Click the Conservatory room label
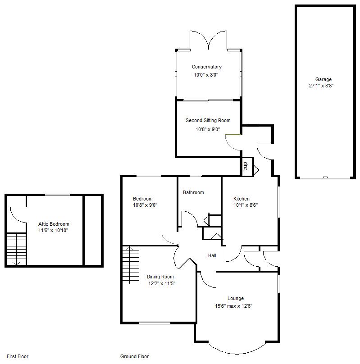[x=206, y=67]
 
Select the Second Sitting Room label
[x=208, y=120]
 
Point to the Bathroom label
[x=193, y=192]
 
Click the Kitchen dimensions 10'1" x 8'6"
[x=245, y=205]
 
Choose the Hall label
[x=212, y=255]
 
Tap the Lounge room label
[x=235, y=298]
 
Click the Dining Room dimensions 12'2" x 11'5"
[x=161, y=283]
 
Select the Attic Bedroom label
[x=54, y=224]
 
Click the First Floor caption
[x=18, y=356]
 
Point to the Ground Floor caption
[x=134, y=356]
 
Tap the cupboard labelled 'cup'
[x=246, y=166]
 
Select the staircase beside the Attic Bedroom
[x=17, y=249]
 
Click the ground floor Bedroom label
[x=142, y=199]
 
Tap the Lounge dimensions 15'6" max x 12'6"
[x=233, y=306]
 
